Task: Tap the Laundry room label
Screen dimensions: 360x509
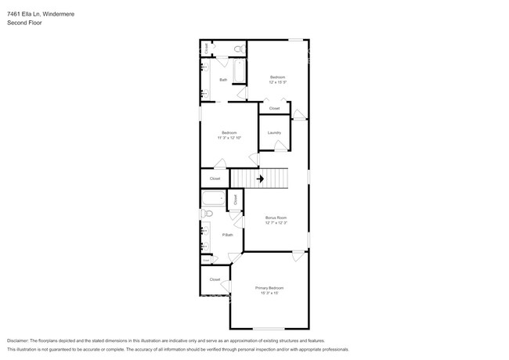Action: (274, 132)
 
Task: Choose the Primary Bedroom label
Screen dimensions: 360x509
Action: (269, 288)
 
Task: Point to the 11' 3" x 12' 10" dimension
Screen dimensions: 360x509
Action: (229, 138)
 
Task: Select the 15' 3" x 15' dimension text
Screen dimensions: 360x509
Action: (269, 293)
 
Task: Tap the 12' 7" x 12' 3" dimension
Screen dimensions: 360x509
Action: (276, 223)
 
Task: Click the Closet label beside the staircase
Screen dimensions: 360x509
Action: (215, 179)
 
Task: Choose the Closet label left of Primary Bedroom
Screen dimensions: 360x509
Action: (215, 279)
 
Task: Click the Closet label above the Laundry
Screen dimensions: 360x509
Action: (274, 108)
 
